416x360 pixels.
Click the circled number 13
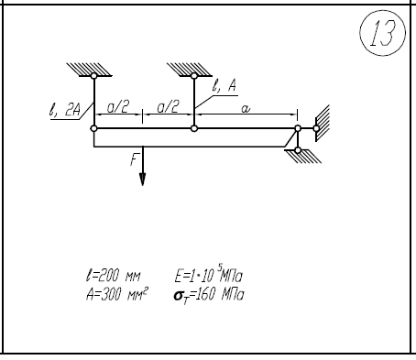click(x=383, y=33)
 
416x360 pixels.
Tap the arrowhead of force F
click(x=142, y=180)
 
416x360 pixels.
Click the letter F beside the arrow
click(x=134, y=159)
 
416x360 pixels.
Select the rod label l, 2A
click(x=65, y=109)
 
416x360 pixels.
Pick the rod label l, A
click(x=224, y=86)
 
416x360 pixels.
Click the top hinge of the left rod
click(x=94, y=76)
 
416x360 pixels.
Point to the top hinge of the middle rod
click(x=194, y=76)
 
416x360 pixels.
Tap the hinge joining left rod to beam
click(x=94, y=128)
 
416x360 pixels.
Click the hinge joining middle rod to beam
click(x=194, y=128)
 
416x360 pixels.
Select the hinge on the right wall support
click(x=316, y=128)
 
